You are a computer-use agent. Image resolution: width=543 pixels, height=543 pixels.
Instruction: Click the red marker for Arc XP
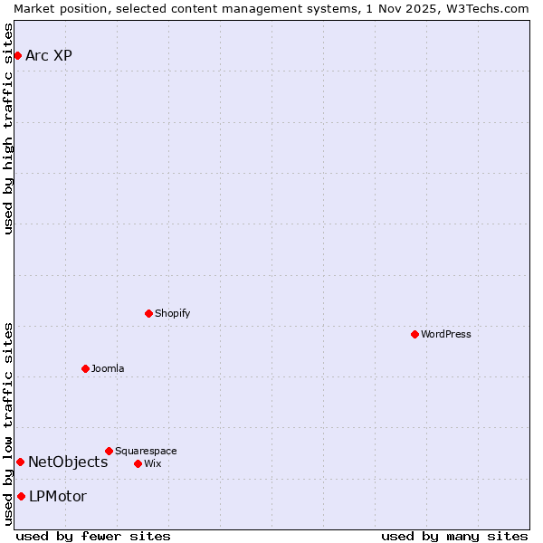coord(17,56)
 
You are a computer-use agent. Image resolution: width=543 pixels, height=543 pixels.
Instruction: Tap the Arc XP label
coord(49,56)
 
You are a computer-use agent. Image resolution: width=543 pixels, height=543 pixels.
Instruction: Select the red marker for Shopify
coord(149,313)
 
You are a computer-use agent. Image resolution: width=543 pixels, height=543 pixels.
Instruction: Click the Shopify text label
coord(173,313)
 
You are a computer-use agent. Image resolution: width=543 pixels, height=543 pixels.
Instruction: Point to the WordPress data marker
coord(415,334)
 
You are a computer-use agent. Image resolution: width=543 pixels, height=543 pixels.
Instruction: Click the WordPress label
coord(446,334)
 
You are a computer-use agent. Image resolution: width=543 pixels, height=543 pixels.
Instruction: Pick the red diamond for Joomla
coord(86,368)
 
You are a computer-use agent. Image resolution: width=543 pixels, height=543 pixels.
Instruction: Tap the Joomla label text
coord(108,368)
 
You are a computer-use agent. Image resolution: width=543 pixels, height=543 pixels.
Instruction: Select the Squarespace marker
coord(110,451)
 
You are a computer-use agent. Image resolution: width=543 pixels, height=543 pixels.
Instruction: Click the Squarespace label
coord(146,451)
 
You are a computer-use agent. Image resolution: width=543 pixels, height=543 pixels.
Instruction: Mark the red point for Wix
coord(138,463)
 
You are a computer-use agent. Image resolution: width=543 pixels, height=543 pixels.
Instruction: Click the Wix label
coord(153,463)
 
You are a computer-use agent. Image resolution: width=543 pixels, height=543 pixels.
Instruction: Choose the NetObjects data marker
coord(20,462)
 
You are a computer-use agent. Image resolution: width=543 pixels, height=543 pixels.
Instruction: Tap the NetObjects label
coord(68,462)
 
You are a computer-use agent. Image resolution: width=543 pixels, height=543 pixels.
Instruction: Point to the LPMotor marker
coord(21,496)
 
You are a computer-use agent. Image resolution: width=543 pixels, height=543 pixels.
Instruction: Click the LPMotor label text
coord(58,496)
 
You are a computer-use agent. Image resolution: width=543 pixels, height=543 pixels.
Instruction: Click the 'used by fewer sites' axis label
coord(93,536)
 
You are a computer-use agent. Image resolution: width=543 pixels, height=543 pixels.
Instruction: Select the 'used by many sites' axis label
coord(454,536)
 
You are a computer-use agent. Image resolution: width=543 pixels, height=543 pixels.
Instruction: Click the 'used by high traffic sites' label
coord(9,129)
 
